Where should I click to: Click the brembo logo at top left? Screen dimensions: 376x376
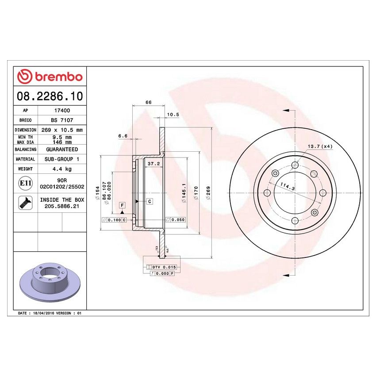tap(50, 77)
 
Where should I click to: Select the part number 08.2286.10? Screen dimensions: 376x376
tap(50, 96)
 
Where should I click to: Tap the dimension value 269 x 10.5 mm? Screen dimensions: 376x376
tap(62, 130)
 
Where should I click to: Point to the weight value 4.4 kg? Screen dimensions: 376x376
tap(62, 169)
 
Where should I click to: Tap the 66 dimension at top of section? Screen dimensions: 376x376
tap(149, 102)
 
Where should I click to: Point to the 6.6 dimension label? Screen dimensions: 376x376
tap(123, 136)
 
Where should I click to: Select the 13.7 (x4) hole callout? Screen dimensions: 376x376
tap(320, 146)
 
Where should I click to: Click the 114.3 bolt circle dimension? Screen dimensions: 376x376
tap(288, 187)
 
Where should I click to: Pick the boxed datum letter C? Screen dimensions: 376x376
tap(150, 202)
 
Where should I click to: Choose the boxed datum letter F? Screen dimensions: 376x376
tap(122, 205)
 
